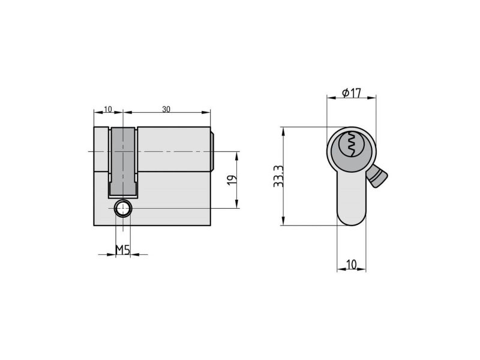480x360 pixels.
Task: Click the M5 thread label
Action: [123, 250]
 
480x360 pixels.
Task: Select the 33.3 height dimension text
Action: [279, 176]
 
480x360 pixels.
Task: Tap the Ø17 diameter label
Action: [352, 93]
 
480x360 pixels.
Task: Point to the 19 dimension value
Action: [232, 180]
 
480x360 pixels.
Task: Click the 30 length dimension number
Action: [166, 109]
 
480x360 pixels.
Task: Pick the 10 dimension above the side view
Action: [108, 109]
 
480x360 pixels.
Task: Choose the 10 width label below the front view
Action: [352, 264]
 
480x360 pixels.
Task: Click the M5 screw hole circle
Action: [123, 209]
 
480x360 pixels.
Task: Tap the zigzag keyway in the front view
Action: [352, 144]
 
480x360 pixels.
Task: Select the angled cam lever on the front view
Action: [377, 176]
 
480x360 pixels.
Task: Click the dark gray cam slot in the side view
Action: [123, 162]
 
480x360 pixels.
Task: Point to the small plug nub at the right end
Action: [212, 151]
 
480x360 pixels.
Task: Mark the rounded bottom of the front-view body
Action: [352, 218]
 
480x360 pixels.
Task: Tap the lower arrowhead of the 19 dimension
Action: [236, 203]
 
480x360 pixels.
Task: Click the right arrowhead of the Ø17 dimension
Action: [371, 98]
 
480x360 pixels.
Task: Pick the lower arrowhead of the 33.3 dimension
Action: [283, 221]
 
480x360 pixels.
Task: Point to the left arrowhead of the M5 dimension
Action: [111, 254]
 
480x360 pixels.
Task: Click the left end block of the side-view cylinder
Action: [101, 176]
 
